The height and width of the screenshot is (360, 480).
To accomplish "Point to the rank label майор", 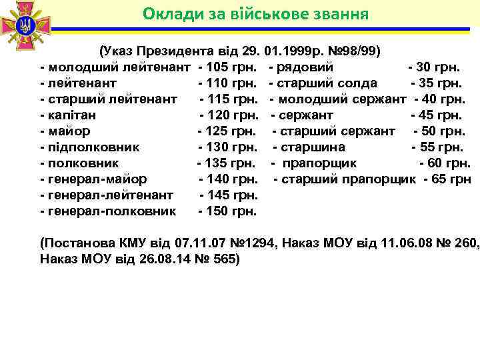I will coord(69,131).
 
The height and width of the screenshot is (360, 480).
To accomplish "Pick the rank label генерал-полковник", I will coord(111,211).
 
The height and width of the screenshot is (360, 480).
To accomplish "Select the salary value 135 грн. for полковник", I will coord(229,163).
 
